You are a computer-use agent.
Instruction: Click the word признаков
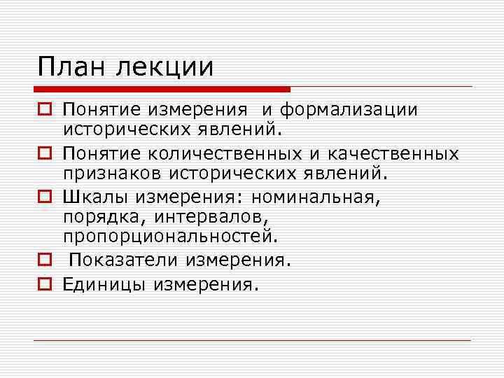click(106, 171)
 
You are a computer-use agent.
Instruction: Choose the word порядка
click(98, 216)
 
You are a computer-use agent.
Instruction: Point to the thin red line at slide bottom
click(252, 340)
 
